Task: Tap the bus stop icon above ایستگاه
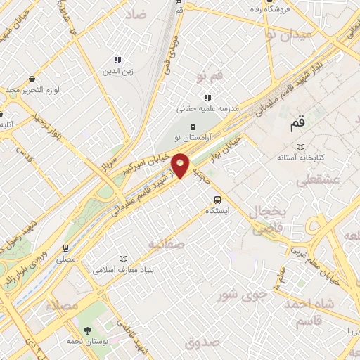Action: click(217, 199)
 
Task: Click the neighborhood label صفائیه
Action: click(167, 244)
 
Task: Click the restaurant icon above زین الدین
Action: click(117, 60)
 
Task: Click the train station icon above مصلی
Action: click(66, 247)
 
